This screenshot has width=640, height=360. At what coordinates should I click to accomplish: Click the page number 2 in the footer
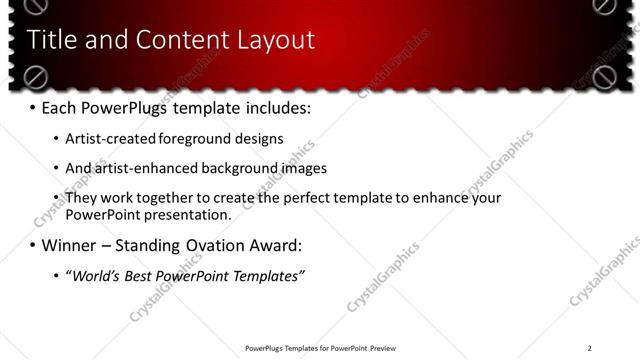point(589,348)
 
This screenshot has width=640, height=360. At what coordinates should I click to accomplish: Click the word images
point(303,168)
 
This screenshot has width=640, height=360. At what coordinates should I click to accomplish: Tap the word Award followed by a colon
point(274,245)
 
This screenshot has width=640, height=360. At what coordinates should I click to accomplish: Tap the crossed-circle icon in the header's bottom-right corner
point(603,76)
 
